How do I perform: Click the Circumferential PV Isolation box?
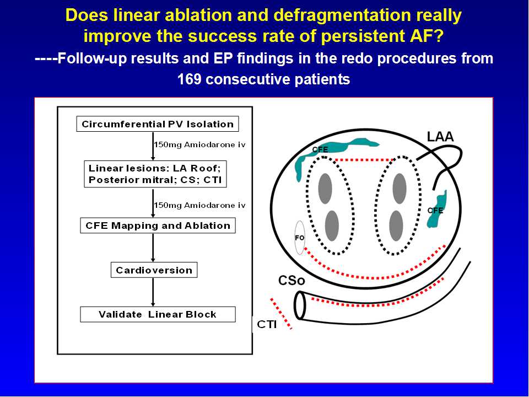(x=158, y=124)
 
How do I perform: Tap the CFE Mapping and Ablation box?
(x=158, y=226)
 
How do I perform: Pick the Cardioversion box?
(x=154, y=270)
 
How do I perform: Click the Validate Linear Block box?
(x=158, y=314)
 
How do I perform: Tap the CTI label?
(x=267, y=324)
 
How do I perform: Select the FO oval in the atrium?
(x=300, y=238)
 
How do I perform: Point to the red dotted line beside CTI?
(x=281, y=313)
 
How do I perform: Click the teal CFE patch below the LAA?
(x=438, y=208)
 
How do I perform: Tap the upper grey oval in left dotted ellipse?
(x=325, y=187)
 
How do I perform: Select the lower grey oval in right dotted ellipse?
(x=396, y=225)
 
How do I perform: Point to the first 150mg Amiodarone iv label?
(x=199, y=144)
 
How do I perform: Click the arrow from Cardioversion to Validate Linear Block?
(x=153, y=292)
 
